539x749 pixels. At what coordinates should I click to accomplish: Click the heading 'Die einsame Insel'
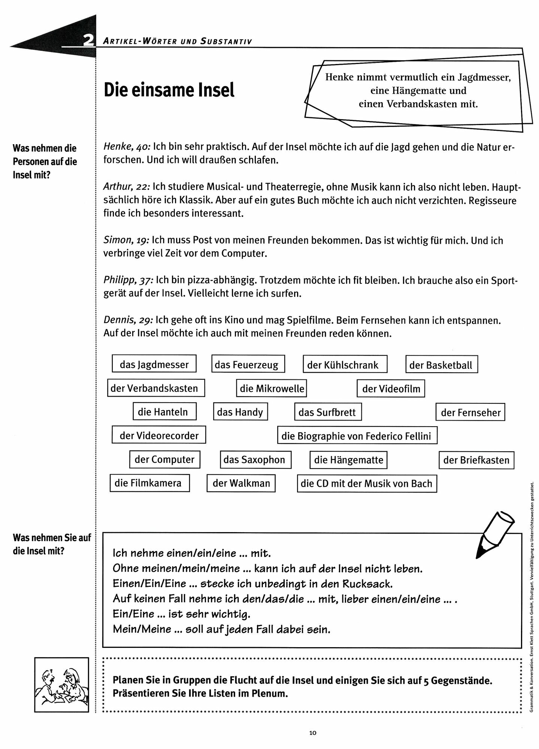pos(169,90)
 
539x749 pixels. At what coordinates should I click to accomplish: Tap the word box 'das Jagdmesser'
pos(154,364)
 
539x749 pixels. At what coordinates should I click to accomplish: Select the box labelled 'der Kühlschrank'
pos(345,365)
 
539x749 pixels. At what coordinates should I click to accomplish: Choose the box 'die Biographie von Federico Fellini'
pos(357,436)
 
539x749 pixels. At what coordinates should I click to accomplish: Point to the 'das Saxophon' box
pos(255,460)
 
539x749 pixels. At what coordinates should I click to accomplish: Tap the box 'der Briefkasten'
pos(476,460)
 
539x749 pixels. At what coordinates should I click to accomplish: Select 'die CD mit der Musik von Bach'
pos(366,483)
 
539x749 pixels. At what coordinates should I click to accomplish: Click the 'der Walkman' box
pos(241,483)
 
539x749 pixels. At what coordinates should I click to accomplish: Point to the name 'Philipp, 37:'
pos(128,280)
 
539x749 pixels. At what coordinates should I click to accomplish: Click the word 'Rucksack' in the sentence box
pos(369,584)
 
